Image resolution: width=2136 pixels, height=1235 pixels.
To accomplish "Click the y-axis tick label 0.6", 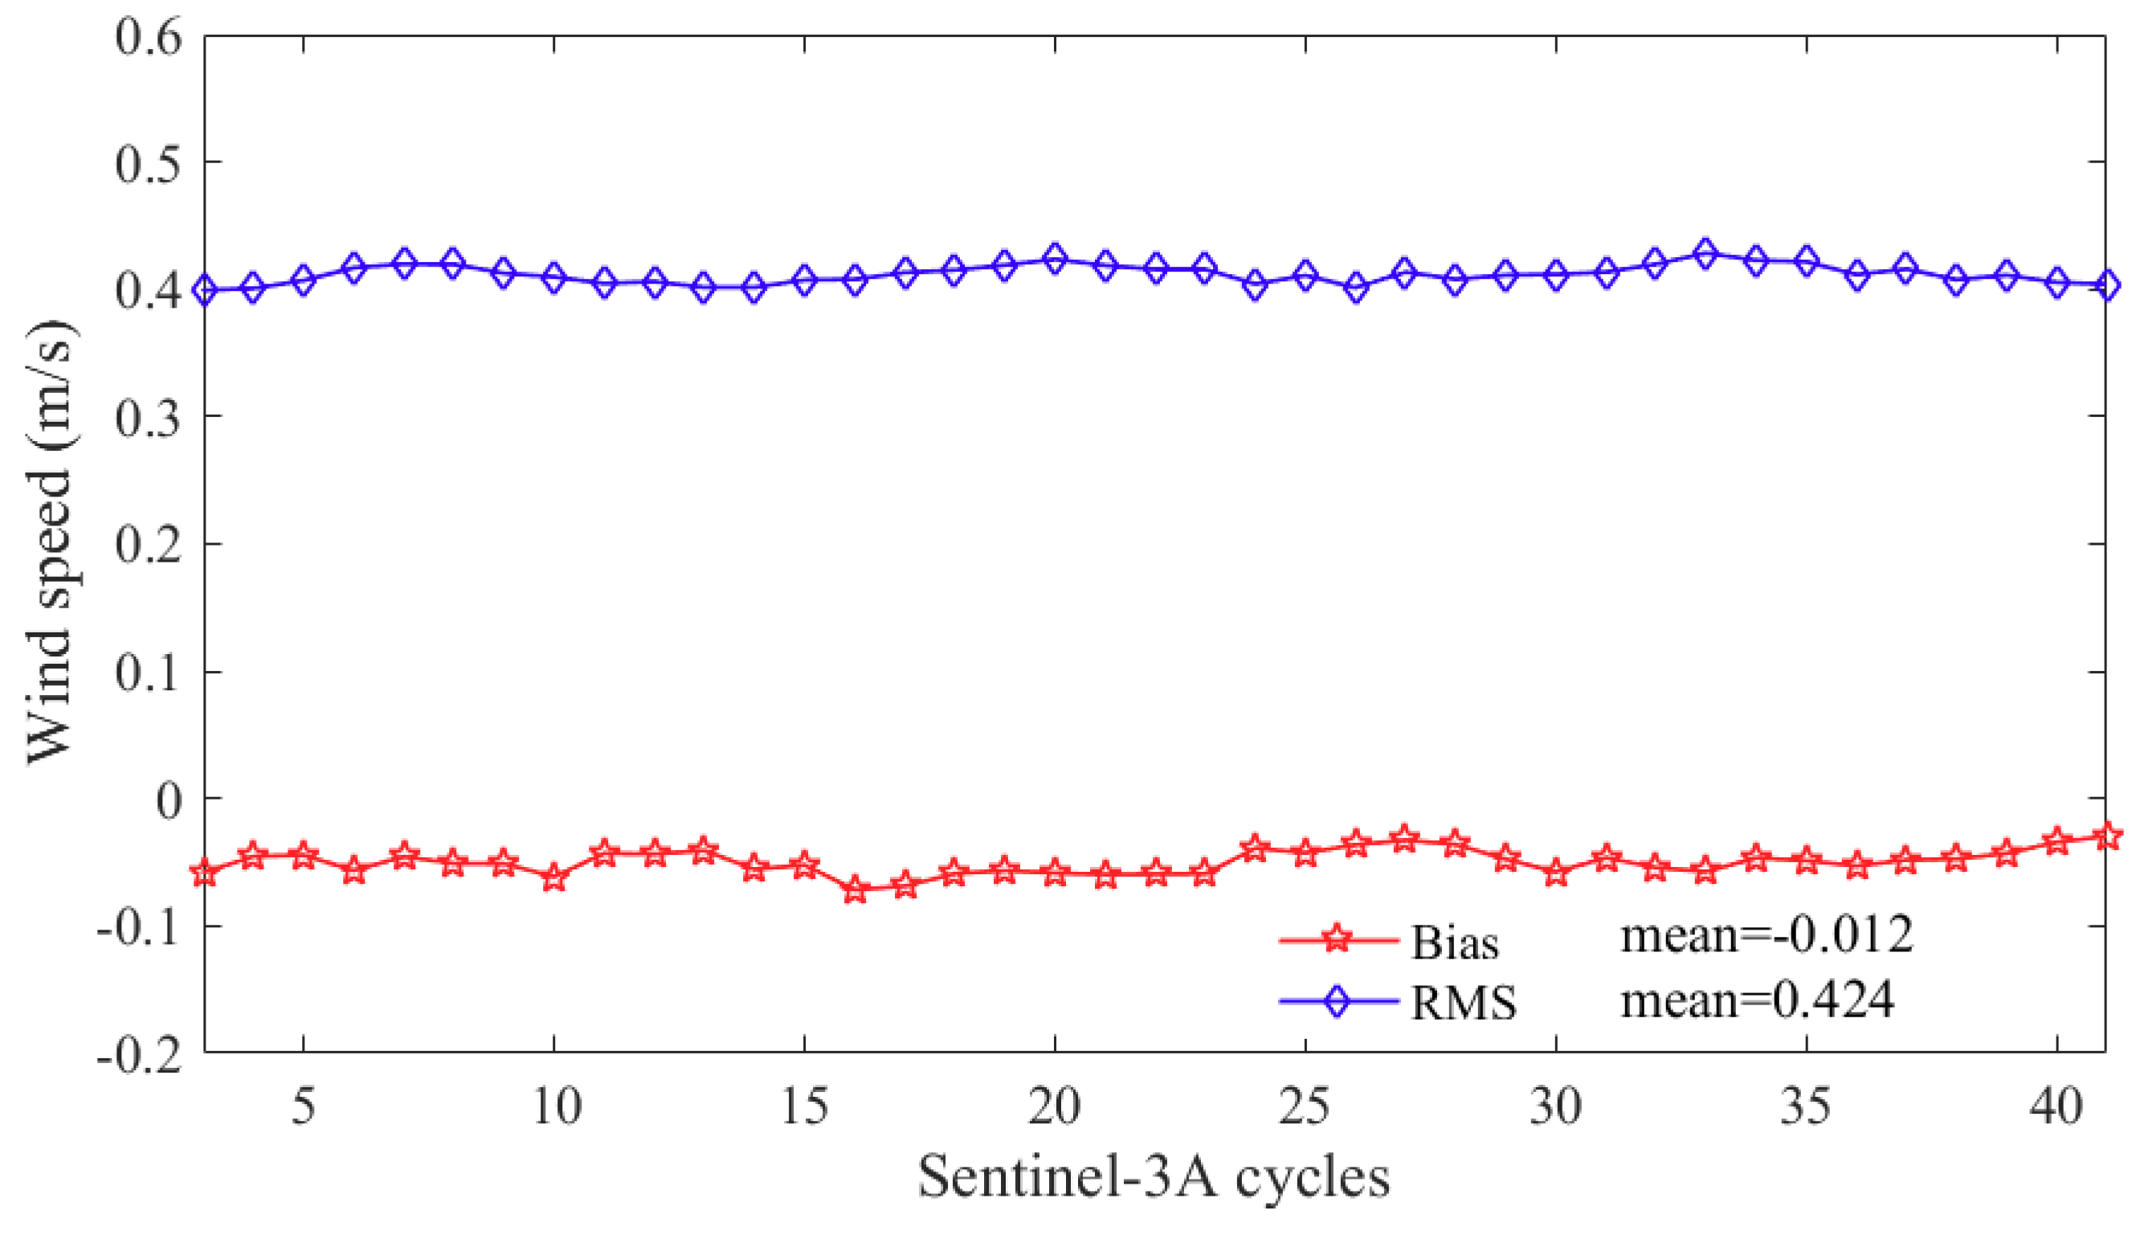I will click(148, 37).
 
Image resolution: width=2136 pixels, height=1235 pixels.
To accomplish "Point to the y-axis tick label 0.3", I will click(148, 418).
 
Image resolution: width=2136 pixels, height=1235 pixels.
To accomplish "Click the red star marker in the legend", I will click(1337, 939).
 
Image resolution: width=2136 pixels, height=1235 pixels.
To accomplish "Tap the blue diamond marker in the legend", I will click(1337, 1001).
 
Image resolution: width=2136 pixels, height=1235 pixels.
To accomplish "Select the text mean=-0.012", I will click(1767, 935).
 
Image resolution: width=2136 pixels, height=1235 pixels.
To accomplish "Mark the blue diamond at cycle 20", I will click(1054, 258).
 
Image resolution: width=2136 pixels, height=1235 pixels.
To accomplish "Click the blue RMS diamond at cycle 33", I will click(1705, 253).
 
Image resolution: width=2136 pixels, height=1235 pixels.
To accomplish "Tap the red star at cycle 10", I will click(553, 879).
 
